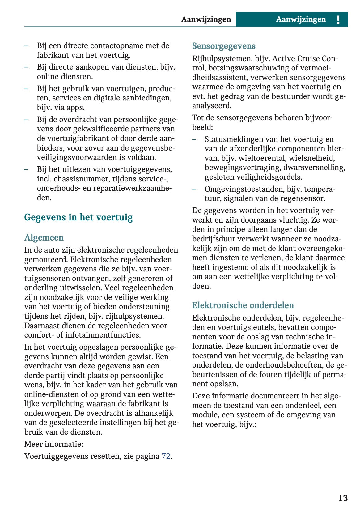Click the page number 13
(343, 498)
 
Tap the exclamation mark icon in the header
(338, 20)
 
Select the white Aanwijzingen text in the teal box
(301, 19)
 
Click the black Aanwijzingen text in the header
(206, 19)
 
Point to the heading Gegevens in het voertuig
(78, 217)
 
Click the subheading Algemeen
(44, 237)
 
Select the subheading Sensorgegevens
(224, 46)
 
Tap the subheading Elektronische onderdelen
(243, 305)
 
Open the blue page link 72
(166, 456)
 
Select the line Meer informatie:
(54, 444)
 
